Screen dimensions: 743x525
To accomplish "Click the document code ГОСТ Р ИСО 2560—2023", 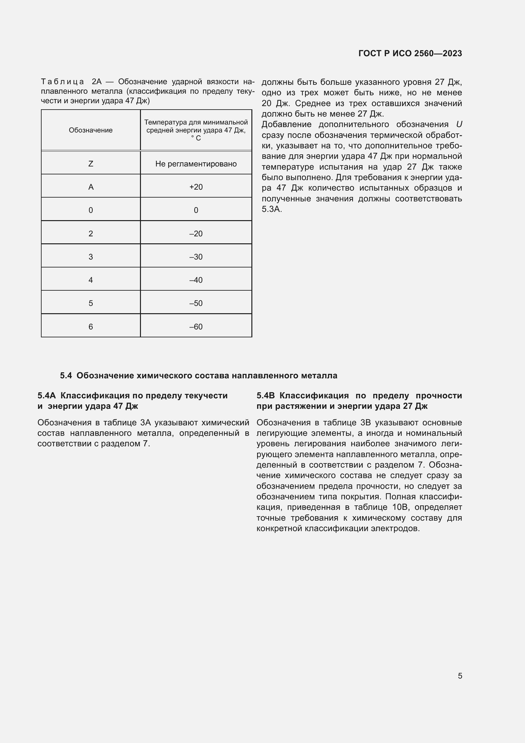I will coord(410,53).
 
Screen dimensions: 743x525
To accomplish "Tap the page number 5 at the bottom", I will coord(460,676).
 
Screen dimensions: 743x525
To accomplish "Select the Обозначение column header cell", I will coord(90,130).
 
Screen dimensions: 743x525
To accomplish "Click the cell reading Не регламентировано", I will coord(196,164).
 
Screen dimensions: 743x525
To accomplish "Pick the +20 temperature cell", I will coord(196,187).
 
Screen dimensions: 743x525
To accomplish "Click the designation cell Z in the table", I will coord(90,164).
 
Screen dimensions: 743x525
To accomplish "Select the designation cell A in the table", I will coord(90,187).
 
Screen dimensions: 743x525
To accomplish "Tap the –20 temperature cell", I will coord(196,234).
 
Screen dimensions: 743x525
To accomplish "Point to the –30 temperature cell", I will coord(196,257).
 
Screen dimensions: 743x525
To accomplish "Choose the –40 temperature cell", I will coord(196,280).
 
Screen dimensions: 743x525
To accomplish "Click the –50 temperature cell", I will coord(196,303).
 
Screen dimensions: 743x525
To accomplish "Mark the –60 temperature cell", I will coord(196,327).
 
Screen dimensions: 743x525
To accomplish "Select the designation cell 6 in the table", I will coord(90,327).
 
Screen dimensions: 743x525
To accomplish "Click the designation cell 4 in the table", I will coord(90,280).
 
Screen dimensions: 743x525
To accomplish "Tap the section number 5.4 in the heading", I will coord(66,375).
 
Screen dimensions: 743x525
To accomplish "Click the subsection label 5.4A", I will coord(47,395).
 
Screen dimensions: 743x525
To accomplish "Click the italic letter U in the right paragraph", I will coord(459,125).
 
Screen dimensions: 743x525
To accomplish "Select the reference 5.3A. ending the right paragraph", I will coord(272,209).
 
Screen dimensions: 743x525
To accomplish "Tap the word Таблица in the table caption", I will coord(63,82).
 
